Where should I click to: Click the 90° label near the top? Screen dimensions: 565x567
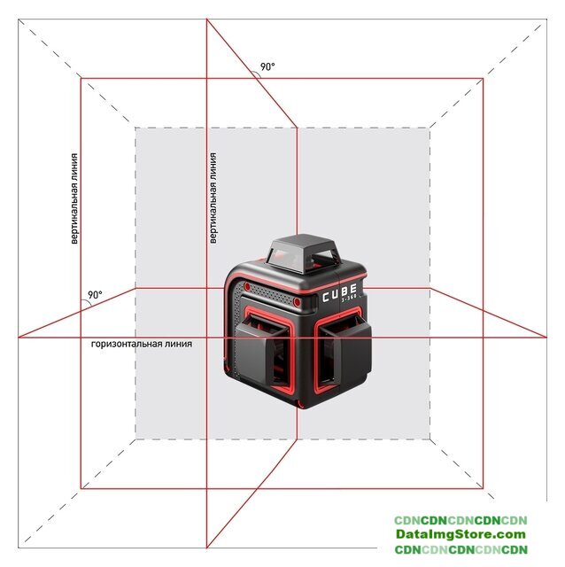point(267,67)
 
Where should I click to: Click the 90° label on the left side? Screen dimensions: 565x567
point(95,295)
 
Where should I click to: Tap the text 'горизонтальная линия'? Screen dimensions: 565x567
point(142,344)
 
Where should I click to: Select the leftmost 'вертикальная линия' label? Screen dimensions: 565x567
point(74,198)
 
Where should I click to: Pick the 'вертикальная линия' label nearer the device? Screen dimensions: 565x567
point(213,198)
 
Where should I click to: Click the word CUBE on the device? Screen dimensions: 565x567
point(339,292)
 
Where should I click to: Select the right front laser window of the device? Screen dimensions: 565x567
point(344,348)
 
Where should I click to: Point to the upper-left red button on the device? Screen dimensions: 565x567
point(247,286)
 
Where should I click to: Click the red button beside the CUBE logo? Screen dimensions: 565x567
point(297,301)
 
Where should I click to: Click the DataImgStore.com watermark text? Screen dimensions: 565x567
point(461,533)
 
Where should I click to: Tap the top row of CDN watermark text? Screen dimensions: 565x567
point(461,520)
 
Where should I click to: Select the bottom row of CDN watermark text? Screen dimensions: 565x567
point(461,549)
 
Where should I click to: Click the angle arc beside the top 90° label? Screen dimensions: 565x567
point(257,74)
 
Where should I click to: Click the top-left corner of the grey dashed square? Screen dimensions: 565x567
point(135,128)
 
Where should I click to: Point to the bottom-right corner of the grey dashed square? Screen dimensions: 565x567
point(430,439)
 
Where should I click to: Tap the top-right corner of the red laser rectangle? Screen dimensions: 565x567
point(484,78)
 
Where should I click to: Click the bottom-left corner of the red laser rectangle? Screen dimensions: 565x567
point(81,488)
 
